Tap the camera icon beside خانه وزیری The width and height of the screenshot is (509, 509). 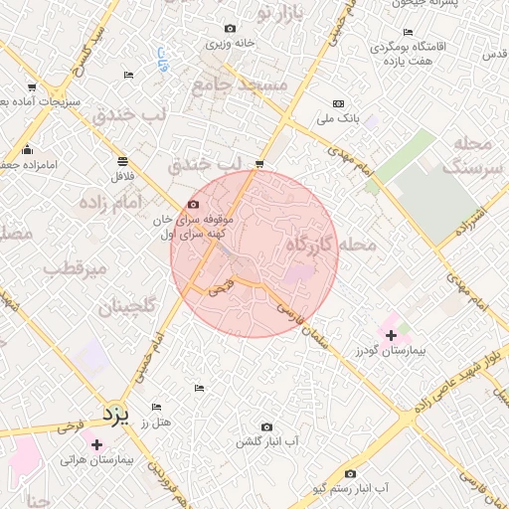coord(231,29)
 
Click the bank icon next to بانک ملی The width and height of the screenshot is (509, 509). coord(338,103)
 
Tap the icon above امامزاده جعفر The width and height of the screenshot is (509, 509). coord(26,150)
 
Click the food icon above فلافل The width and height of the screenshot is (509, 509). coord(121,160)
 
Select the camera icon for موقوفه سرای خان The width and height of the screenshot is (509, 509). coord(193,204)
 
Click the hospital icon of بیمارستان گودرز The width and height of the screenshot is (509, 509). coord(391,335)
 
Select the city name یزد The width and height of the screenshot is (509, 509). coord(117,413)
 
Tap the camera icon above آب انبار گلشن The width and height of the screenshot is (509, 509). coord(265,426)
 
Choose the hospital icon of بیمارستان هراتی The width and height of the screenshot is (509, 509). coord(96,444)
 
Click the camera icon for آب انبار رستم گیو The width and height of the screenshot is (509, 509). coord(349,473)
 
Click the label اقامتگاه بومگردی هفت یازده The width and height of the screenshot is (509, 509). coord(408,53)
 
